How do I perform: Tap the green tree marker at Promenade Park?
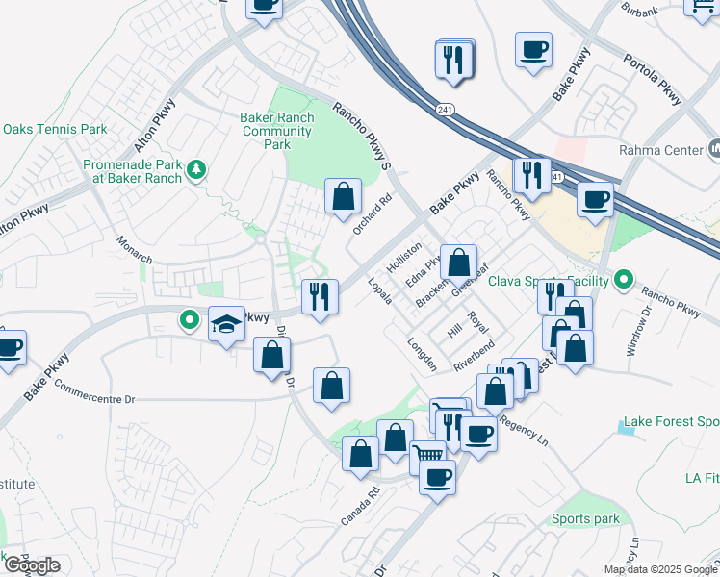(197, 170)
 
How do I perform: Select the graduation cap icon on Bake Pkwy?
(226, 324)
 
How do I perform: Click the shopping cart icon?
(427, 455)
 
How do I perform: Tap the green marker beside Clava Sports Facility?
(624, 281)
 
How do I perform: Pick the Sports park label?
(585, 518)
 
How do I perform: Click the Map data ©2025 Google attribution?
(660, 569)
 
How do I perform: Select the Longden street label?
(423, 354)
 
